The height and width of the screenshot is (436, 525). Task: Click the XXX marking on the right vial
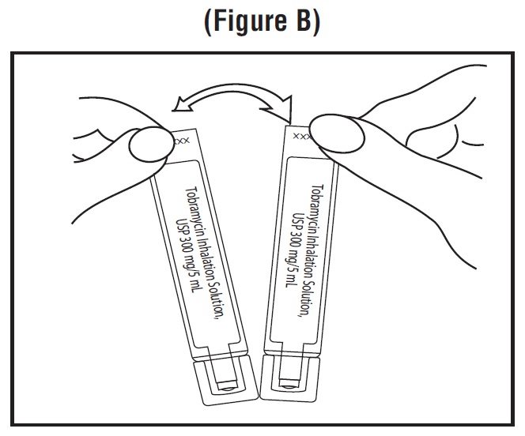(x=301, y=136)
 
